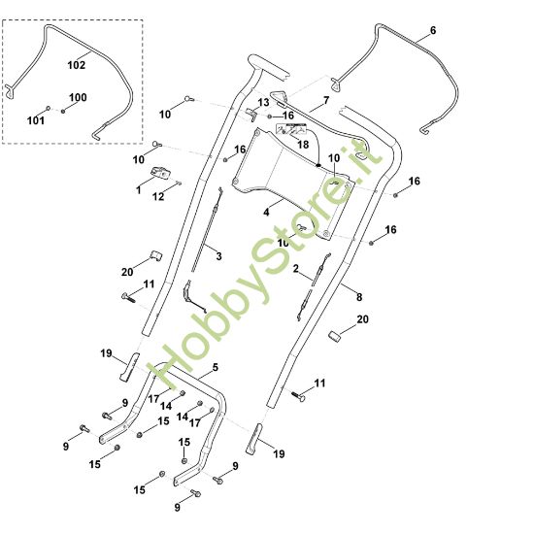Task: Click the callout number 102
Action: tap(77, 65)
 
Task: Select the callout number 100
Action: tap(78, 97)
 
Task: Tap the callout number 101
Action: tap(35, 120)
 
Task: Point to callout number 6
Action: tap(432, 30)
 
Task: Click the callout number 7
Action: tap(326, 100)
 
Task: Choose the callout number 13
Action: tap(263, 102)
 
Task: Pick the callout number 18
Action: tap(303, 145)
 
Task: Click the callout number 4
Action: tap(266, 213)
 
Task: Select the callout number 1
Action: tap(138, 190)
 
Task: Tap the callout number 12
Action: tap(158, 196)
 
